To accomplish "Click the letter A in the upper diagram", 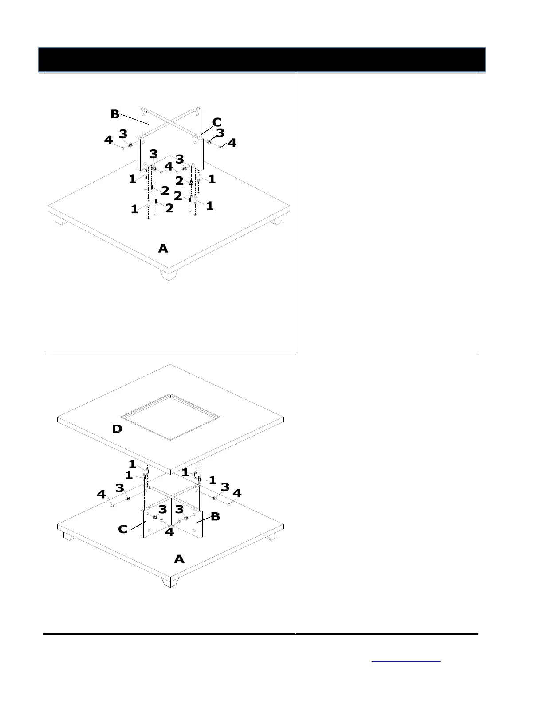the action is point(163,249).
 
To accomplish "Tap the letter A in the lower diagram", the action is point(179,559).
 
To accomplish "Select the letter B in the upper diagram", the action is point(115,114).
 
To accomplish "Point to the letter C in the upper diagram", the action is point(217,122).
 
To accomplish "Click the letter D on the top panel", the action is point(117,429).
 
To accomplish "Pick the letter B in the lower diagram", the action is point(215,516).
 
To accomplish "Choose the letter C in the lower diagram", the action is point(123,529).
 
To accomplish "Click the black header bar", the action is point(262,60).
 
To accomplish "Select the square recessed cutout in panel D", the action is point(170,417).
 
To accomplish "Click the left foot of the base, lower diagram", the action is point(69,537).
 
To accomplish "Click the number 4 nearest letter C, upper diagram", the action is point(232,143).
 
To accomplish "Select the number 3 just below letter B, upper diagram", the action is point(123,133).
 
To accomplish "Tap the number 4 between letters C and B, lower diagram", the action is point(169,531).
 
